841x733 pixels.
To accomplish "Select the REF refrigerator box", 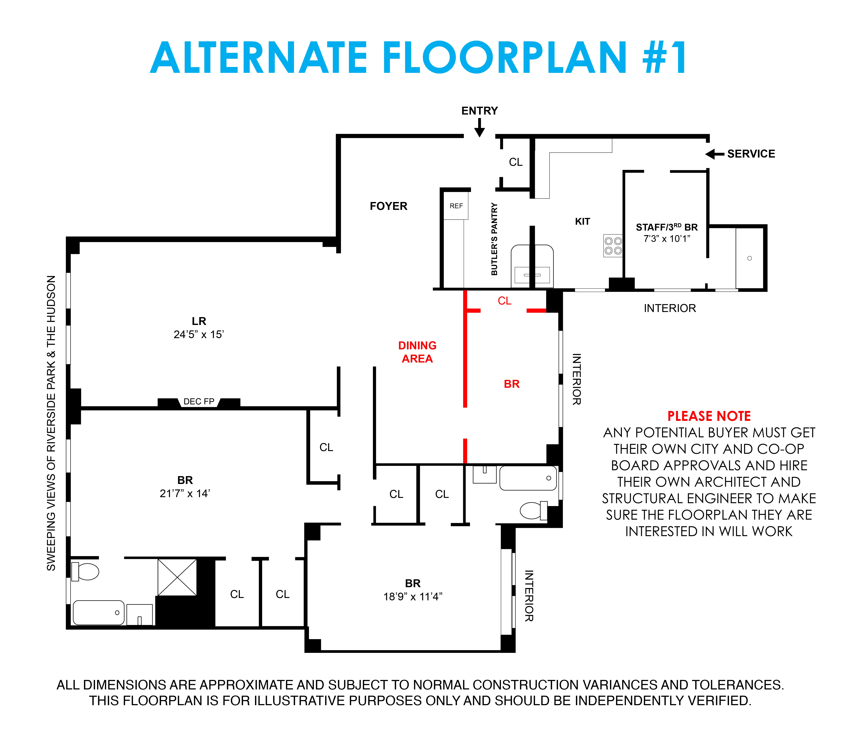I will point(456,206).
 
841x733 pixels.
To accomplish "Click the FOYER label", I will point(388,206).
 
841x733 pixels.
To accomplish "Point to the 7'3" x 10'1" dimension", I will point(667,239).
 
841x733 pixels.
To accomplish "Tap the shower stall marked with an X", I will point(177,577).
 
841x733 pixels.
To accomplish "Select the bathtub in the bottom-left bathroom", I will point(98,612).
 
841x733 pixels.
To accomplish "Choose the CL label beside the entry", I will point(516,162).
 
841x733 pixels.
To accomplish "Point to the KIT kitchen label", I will point(582,222).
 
